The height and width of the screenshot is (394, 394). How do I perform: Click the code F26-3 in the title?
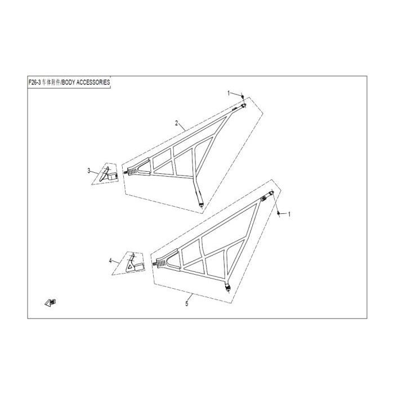coord(34,82)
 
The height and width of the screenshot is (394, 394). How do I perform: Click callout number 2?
coord(177,123)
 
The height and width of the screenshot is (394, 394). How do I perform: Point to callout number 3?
coord(89,171)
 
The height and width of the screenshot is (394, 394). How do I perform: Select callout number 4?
coord(110,261)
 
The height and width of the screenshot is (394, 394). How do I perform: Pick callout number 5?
coord(187,304)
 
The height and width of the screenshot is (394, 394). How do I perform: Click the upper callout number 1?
coord(229,93)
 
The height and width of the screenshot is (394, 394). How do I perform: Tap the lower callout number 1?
coord(289,214)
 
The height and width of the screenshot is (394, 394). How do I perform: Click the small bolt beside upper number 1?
coord(243,97)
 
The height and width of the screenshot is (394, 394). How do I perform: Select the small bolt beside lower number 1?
coord(279,213)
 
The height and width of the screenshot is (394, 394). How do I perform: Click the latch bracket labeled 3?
coord(108,174)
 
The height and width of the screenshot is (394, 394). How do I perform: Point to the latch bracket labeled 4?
coord(135,265)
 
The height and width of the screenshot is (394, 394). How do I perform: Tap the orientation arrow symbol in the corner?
coord(50,303)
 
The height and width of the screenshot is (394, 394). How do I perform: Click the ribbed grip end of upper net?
coord(132,171)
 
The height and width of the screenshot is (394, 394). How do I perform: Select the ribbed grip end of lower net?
coord(161,263)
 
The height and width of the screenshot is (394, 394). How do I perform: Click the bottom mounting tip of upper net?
coord(201,205)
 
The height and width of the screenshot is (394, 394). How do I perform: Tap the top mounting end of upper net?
coord(243,106)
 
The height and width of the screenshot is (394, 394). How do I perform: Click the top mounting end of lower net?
coord(272,193)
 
